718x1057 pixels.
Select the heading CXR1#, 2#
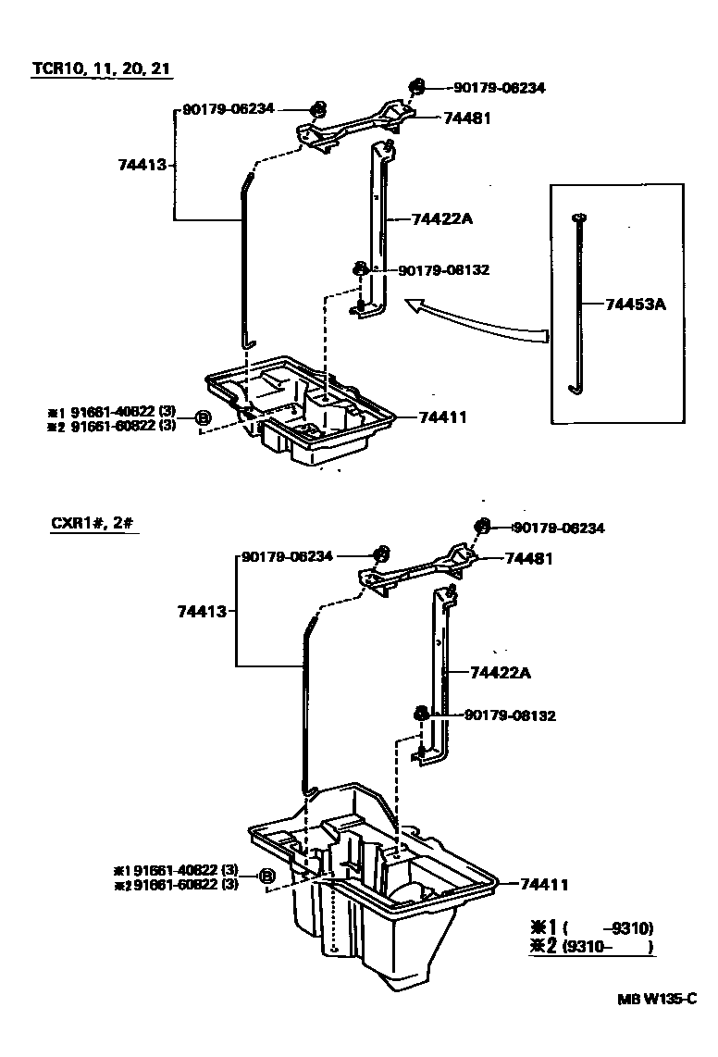coord(95,523)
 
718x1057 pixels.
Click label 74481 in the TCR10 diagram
coord(466,118)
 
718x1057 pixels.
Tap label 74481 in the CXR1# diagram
coord(528,558)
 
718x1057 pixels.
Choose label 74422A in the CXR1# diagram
coord(501,673)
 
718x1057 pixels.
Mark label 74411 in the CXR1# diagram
coord(543,885)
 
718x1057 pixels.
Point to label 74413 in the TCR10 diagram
coord(142,165)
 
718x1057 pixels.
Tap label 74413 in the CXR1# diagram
coord(202,611)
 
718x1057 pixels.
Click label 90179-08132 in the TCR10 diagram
coord(443,270)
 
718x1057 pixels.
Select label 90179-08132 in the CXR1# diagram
coord(510,715)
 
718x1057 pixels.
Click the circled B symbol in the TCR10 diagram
coord(204,418)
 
